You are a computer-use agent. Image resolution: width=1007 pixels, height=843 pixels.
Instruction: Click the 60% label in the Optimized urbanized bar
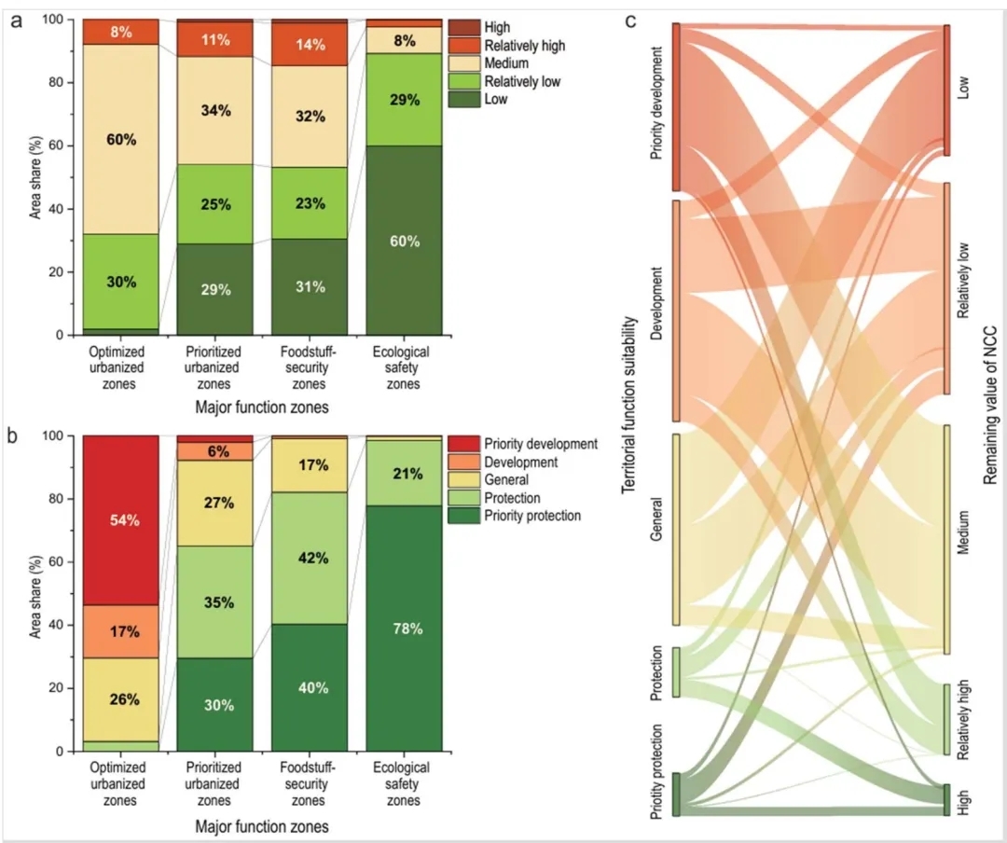(x=121, y=140)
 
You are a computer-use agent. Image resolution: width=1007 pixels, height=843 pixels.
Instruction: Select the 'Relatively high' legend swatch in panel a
(x=462, y=46)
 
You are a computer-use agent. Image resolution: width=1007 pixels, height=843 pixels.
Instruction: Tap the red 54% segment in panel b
(x=121, y=519)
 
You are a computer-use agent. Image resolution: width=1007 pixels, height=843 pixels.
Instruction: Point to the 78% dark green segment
(x=405, y=628)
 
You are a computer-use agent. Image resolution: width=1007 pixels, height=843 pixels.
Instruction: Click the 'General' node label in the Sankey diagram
(x=657, y=529)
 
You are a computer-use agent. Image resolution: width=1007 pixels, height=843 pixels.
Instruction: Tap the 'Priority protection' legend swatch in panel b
(x=462, y=516)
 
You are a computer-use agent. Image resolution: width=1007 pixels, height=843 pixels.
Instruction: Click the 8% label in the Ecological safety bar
(x=405, y=39)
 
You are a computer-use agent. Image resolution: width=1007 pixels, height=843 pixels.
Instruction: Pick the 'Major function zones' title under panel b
(x=262, y=825)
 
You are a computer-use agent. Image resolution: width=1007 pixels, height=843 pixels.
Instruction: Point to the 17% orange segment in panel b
(x=121, y=631)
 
